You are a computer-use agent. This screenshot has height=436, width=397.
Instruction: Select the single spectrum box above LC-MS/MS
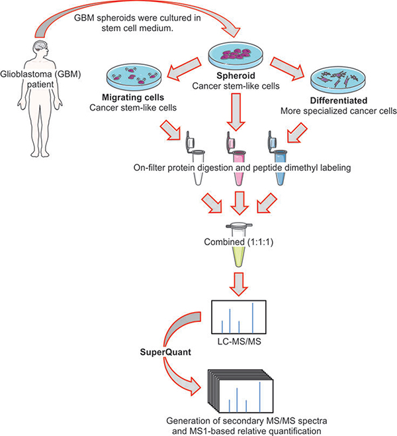point(238,316)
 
